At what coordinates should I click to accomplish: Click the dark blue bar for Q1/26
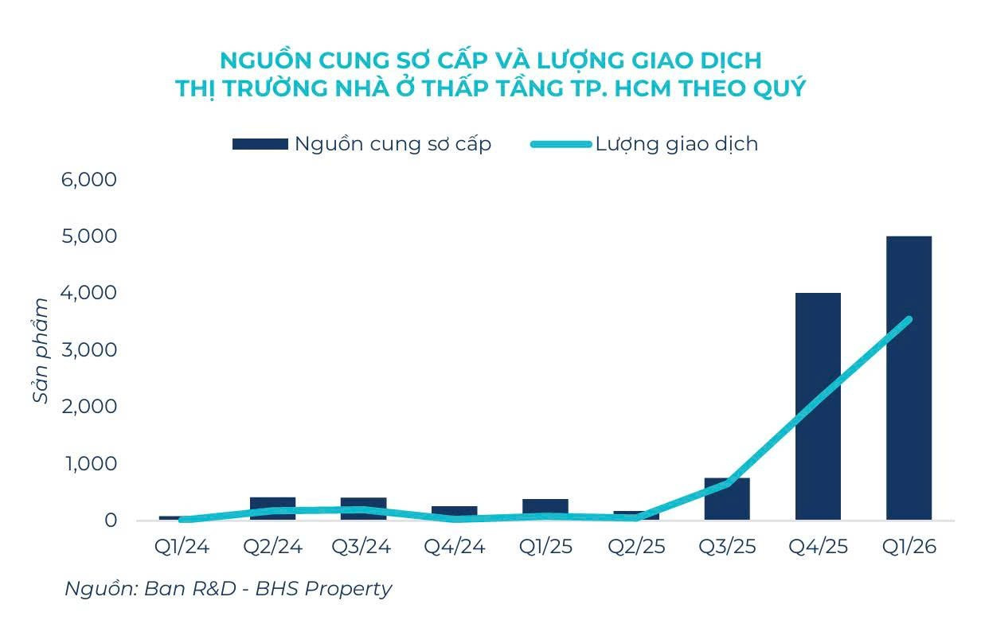click(909, 378)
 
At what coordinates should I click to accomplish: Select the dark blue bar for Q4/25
click(818, 407)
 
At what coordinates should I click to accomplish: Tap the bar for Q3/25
click(727, 499)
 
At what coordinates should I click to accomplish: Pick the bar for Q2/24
click(273, 509)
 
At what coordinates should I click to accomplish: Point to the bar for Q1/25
click(545, 509)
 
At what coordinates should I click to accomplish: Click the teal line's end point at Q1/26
click(909, 319)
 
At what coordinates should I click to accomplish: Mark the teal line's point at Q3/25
click(727, 483)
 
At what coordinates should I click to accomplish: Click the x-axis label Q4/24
click(455, 547)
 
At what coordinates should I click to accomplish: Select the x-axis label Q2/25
click(636, 547)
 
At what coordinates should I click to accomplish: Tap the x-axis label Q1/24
click(182, 547)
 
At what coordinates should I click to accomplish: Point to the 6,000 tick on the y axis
click(89, 180)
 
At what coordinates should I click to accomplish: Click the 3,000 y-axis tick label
click(89, 350)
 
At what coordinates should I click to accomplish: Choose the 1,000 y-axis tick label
click(91, 463)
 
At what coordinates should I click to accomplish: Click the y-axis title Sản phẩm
click(41, 350)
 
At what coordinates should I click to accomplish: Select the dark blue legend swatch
click(260, 144)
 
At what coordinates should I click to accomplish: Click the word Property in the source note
click(348, 589)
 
